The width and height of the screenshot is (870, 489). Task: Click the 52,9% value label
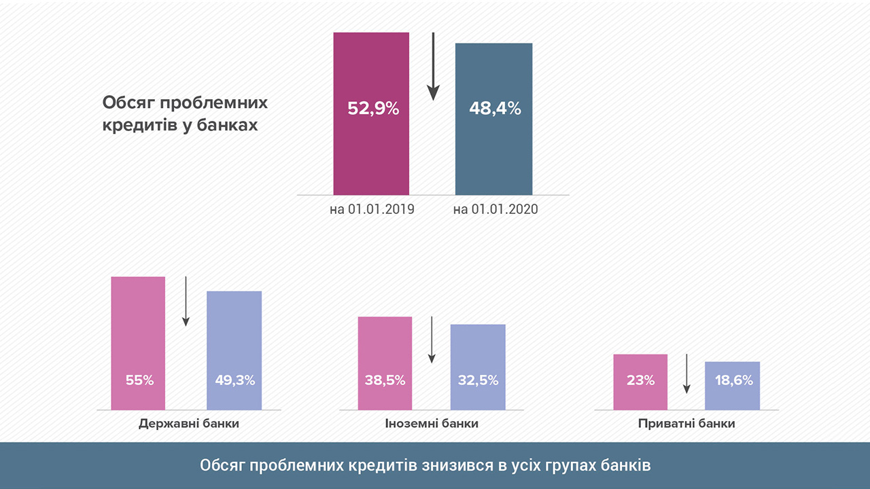[x=372, y=108]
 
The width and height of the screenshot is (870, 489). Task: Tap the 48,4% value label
[x=495, y=108]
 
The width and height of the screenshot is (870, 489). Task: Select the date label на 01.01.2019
[x=372, y=209]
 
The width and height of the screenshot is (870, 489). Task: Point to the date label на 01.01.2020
[x=495, y=209]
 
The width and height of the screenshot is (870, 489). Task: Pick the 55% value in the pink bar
[x=139, y=380]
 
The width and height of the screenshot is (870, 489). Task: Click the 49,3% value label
[x=234, y=380]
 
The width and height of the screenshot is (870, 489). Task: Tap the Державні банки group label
[x=189, y=424]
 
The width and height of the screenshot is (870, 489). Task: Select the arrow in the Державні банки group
[x=186, y=302]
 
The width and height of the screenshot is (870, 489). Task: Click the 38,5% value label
[x=385, y=380]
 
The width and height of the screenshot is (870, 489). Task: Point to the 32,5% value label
[x=478, y=380]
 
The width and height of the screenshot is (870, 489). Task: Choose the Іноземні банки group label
[x=432, y=424]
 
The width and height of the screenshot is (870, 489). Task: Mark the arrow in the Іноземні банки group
[x=431, y=340]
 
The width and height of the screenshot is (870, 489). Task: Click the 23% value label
[x=640, y=380]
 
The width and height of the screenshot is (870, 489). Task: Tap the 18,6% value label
[x=733, y=380]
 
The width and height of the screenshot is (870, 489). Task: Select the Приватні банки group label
[x=686, y=424]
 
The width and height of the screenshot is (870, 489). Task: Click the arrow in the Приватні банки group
[x=686, y=374]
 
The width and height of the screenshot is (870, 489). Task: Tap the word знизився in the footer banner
[x=460, y=466]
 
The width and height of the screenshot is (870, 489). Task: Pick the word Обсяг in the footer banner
[x=222, y=466]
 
